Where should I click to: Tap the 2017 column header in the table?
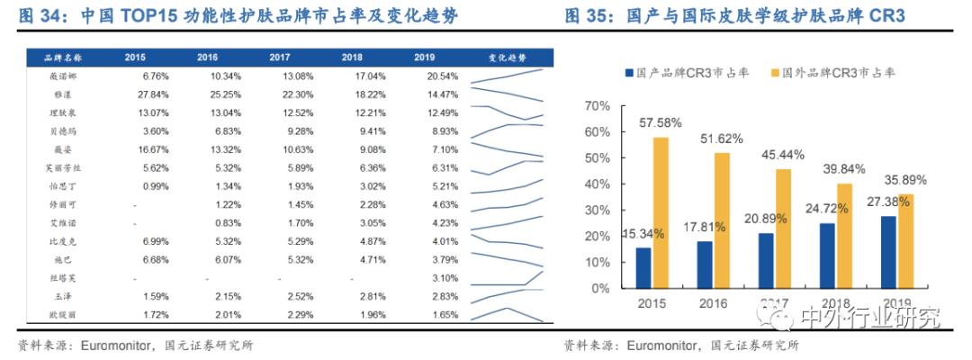point(279,58)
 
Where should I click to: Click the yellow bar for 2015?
point(661,212)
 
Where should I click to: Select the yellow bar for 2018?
point(843,236)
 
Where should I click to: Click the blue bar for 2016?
point(704,265)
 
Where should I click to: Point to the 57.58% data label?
point(661,121)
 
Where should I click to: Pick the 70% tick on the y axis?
point(598,105)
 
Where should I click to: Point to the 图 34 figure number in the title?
point(40,16)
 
